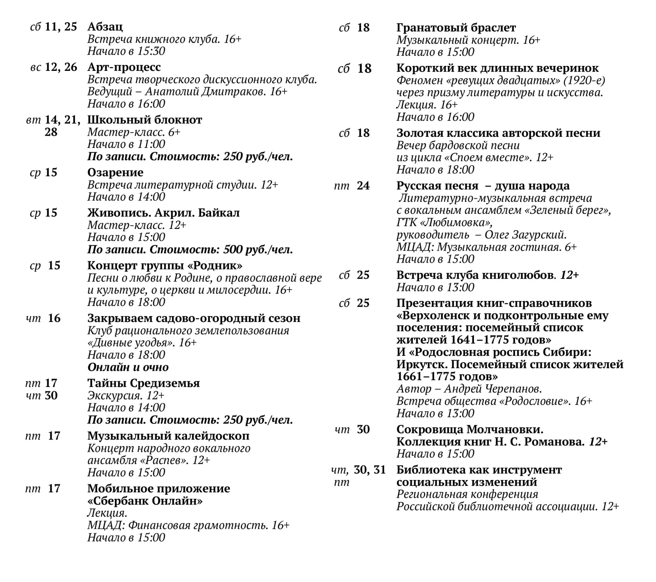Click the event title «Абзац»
click(105, 27)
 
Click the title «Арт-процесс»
click(124, 67)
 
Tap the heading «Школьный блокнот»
click(145, 120)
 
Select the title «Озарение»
click(115, 172)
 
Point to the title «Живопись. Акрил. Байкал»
click(163, 213)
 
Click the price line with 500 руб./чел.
click(190, 249)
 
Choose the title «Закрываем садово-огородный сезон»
click(194, 318)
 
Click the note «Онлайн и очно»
click(128, 367)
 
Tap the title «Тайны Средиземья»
click(143, 383)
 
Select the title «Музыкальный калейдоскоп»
click(168, 436)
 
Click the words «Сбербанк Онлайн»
click(145, 501)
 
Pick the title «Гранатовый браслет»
click(456, 28)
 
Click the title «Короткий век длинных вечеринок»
click(497, 68)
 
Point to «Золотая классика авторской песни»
click(498, 133)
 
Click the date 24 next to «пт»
click(363, 186)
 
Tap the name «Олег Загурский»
click(525, 235)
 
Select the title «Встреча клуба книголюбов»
click(475, 275)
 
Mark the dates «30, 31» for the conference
click(370, 470)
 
